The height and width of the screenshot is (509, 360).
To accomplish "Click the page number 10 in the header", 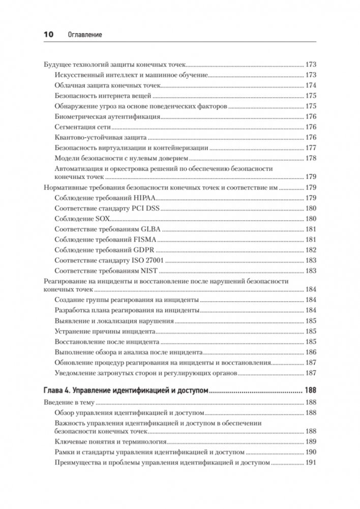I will [48, 35].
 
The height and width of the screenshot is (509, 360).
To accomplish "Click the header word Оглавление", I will [85, 35].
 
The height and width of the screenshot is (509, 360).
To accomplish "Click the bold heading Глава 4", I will [56, 391].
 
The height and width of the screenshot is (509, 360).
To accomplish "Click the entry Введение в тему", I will [65, 403].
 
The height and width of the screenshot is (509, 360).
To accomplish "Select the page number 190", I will [311, 453].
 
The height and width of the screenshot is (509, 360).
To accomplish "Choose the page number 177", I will [311, 147].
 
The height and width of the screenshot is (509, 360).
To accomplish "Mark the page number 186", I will [311, 352].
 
